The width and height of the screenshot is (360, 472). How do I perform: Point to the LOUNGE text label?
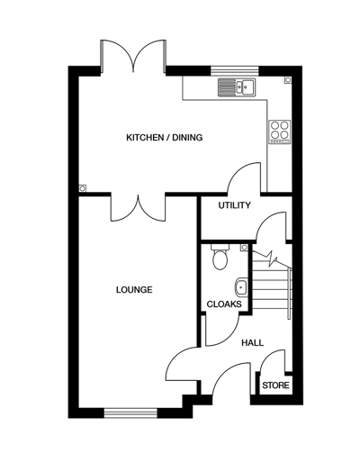click(x=133, y=290)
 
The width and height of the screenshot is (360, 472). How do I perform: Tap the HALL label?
click(x=253, y=342)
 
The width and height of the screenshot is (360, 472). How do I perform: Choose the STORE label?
click(x=275, y=386)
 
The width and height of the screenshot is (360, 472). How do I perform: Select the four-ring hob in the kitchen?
click(x=280, y=131)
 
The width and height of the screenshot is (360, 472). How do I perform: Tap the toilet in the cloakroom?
click(x=219, y=259)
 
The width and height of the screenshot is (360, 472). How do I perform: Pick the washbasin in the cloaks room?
click(x=240, y=287)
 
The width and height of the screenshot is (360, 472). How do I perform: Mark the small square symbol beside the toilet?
click(x=245, y=245)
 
